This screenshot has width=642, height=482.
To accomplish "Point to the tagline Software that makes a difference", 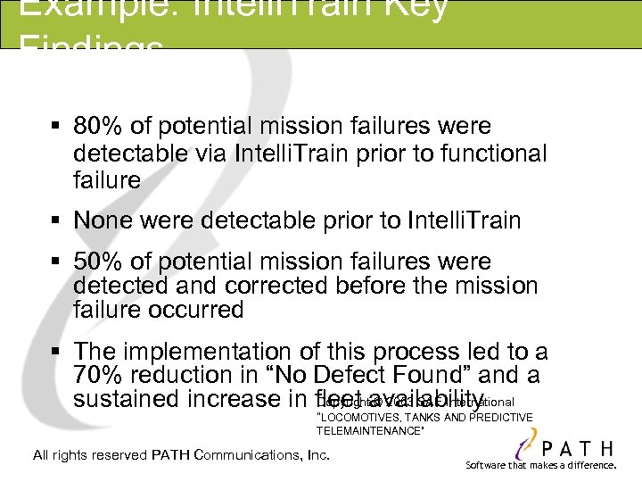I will [x=540, y=466].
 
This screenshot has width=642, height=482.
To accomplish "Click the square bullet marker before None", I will [x=56, y=220].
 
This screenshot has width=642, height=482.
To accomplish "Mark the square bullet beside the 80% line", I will [x=56, y=128].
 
